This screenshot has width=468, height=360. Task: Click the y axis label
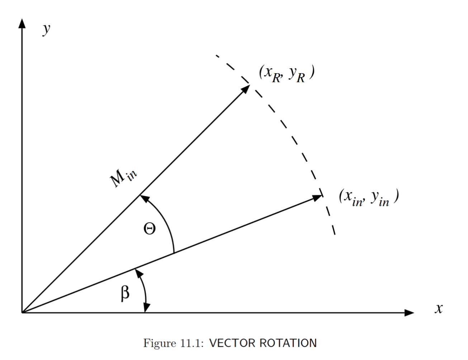[x=47, y=29]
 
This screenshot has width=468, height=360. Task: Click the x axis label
[x=439, y=308]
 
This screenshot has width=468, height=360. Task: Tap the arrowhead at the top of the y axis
[x=22, y=23]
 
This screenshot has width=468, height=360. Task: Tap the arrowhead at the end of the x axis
[x=409, y=313]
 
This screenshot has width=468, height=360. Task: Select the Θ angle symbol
[x=150, y=229]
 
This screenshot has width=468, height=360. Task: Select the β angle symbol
[x=126, y=293]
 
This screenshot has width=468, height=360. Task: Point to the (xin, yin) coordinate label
[x=369, y=198]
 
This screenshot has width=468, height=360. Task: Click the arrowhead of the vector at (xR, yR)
[x=246, y=89]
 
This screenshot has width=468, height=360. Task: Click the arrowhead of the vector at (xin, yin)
[x=317, y=198]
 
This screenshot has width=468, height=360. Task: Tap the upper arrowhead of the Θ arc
[x=144, y=198]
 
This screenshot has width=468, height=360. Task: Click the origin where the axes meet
[x=22, y=313]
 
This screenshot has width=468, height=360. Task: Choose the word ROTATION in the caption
[x=288, y=343]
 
